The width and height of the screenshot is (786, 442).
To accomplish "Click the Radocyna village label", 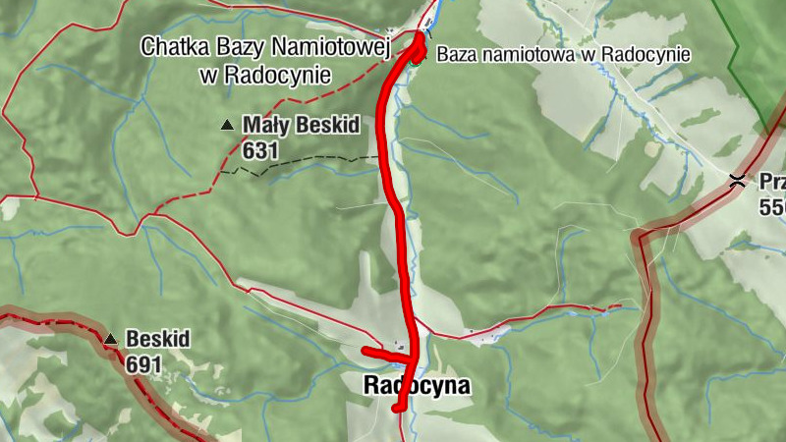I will point(417,387).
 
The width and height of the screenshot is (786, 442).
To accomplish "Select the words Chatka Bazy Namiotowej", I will point(266,46).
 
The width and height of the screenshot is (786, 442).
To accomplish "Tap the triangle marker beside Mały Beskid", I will point(228,125).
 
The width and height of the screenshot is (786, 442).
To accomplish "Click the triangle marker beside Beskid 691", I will point(111,340).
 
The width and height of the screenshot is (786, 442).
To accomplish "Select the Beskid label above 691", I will point(157,340).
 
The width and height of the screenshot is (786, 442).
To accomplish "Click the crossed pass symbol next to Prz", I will point(736,180).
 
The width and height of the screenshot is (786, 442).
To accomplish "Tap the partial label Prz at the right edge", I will point(771,181).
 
